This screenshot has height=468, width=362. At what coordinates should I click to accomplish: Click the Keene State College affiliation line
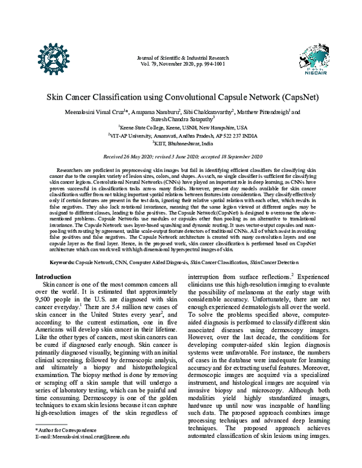point(182,128)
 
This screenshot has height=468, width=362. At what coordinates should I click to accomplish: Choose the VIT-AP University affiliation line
point(182,136)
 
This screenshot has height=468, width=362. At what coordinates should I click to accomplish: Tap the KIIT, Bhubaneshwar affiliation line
point(182,145)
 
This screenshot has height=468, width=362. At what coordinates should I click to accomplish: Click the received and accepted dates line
point(182,156)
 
